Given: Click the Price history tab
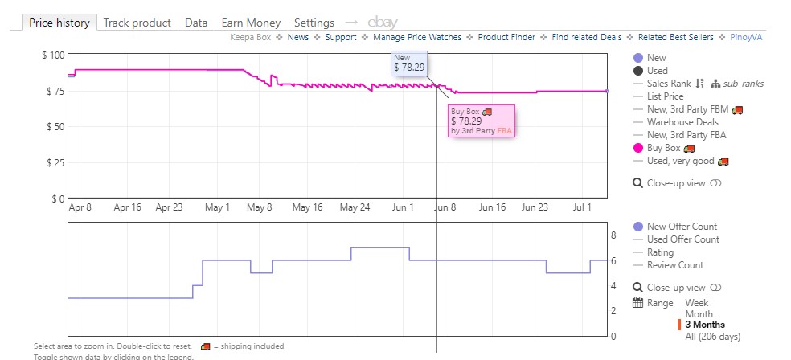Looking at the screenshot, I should tap(59, 22).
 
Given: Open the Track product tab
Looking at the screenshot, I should tap(137, 22).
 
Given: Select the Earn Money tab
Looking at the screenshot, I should tap(251, 22).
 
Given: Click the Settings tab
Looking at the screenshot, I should tap(314, 22).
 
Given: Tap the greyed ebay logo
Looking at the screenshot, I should tap(382, 22).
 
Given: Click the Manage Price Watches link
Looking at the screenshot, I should tap(416, 37).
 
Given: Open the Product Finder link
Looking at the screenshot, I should tap(506, 37).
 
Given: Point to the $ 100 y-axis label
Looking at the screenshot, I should tap(53, 55).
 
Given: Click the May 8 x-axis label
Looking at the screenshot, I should tap(260, 207).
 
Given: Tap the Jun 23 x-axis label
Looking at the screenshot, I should tap(535, 207).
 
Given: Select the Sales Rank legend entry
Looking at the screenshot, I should tap(668, 84).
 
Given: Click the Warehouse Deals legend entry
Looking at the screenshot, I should tap(682, 122).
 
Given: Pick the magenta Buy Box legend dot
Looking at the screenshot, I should tap(638, 148).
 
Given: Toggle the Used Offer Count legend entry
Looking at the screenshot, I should tap(682, 239).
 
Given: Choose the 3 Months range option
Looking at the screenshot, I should tap(704, 325).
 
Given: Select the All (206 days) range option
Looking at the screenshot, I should tap(712, 337).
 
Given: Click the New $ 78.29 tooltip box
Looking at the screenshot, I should tap(409, 63).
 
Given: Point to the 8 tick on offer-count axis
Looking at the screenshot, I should tap(613, 235).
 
